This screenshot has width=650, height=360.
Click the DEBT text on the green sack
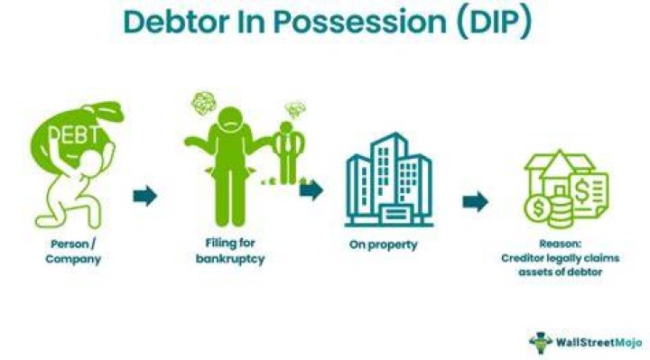coord(75,134)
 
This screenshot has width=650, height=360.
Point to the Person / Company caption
coord(73,252)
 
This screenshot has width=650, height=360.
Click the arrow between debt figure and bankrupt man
coord(145,196)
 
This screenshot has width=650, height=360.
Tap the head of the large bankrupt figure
coord(231,120)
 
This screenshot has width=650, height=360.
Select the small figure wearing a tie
coord(288,152)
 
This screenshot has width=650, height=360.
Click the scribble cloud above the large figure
coord(203,102)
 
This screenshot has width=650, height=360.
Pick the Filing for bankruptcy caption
coord(230,251)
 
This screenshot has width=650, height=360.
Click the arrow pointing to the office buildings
coord(311,190)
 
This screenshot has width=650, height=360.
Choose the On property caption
coord(384,245)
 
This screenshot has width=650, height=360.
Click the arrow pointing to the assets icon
coord(476,201)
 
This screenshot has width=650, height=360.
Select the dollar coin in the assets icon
coord(538,208)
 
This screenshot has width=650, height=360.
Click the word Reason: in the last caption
coord(561,244)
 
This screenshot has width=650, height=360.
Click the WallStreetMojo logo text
coord(599,342)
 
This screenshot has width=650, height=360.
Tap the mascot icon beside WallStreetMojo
coord(541,343)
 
